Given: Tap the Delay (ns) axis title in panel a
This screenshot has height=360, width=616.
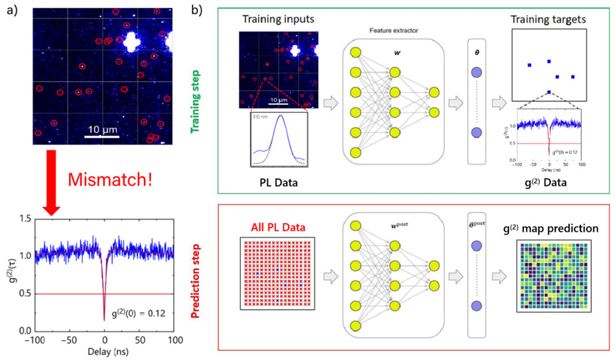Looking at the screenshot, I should pos(104,353).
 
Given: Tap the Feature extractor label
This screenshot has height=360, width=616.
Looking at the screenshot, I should pos(393,31).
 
